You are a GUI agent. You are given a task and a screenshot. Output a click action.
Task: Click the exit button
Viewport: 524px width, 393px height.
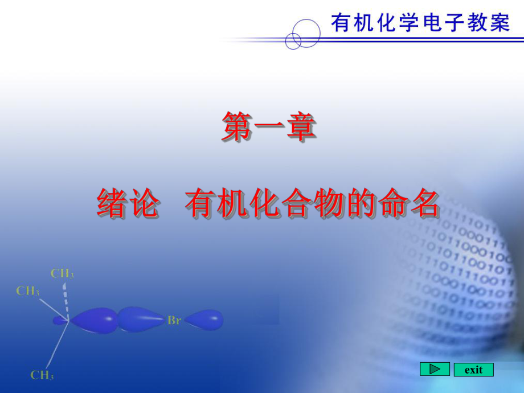tap(473, 370)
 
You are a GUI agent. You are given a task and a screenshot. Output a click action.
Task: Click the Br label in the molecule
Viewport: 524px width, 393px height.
tap(174, 320)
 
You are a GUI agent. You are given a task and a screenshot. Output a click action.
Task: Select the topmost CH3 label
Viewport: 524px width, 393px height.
tap(62, 273)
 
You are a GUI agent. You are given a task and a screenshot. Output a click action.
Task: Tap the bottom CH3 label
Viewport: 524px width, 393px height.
tap(42, 375)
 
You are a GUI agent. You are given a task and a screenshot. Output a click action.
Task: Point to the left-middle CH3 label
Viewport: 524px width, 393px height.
tap(28, 291)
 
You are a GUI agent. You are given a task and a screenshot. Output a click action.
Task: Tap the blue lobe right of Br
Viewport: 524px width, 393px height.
tap(204, 320)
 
